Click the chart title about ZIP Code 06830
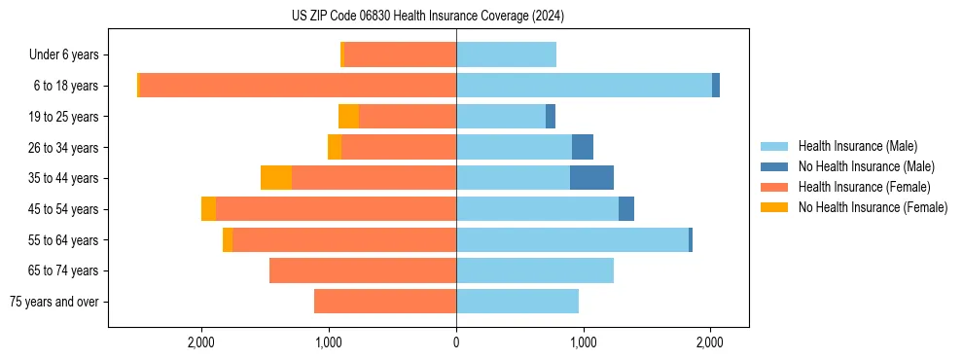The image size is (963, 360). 428,17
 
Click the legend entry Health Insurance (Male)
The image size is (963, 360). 857,146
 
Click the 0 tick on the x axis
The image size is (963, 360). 456,342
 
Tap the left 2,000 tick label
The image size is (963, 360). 201,342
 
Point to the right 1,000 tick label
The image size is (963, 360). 584,342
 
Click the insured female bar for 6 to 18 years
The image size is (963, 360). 298,86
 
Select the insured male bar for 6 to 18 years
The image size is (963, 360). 584,86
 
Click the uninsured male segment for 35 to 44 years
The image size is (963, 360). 591,178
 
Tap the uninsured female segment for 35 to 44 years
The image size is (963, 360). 276,178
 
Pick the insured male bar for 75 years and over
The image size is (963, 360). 517,302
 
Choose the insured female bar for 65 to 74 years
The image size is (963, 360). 363,270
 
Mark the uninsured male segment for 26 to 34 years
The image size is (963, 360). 583,147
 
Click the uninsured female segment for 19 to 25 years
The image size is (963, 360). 348,117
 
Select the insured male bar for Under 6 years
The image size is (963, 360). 506,55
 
